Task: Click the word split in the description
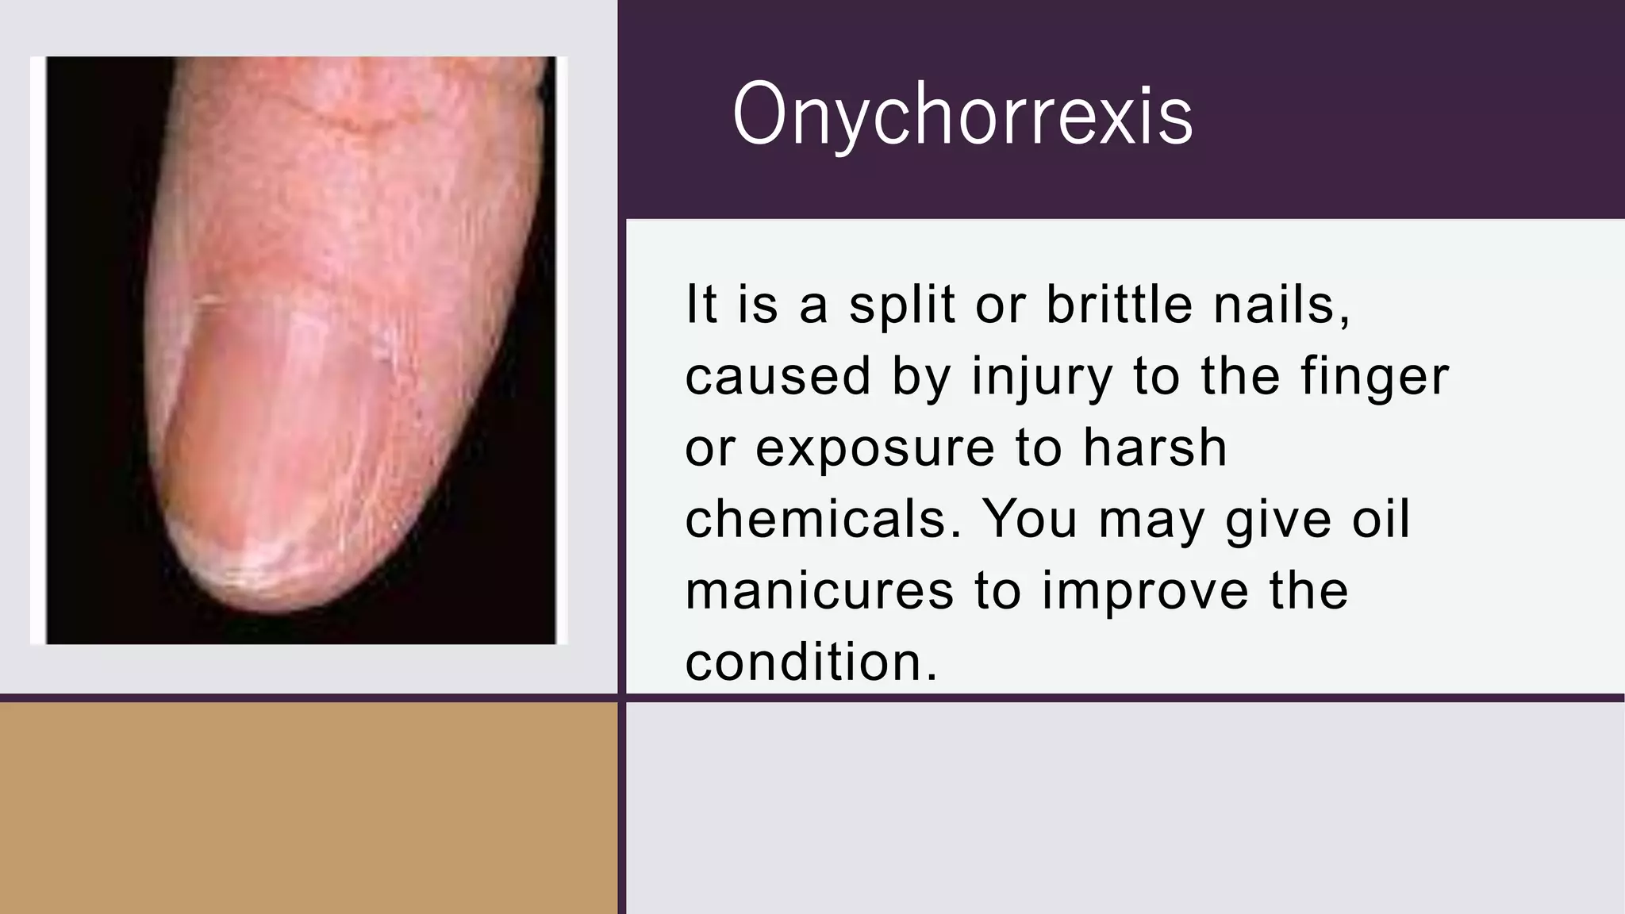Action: (x=901, y=305)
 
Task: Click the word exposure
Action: (x=874, y=447)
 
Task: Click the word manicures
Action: (x=819, y=590)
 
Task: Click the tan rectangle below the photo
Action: (x=308, y=808)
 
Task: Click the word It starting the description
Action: (x=701, y=305)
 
